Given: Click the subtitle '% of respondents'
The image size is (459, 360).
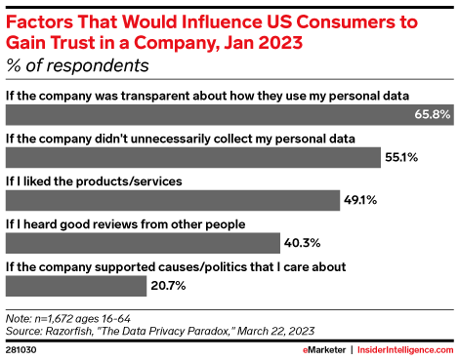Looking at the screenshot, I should (77, 66).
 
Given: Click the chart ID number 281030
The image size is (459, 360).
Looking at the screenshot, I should (21, 347).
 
